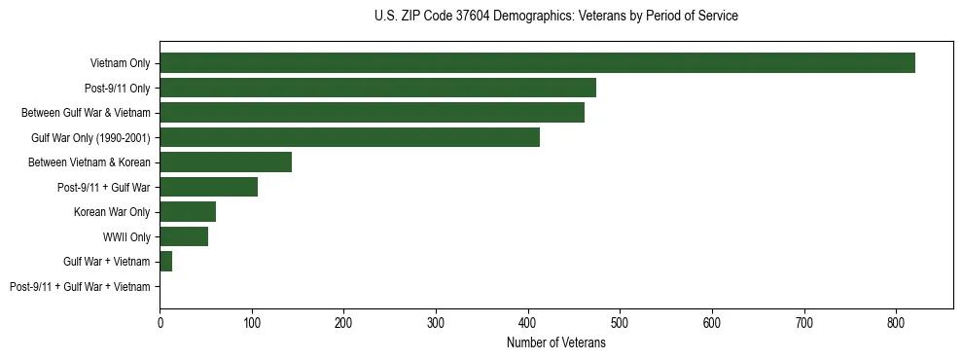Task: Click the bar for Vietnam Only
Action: pos(537,63)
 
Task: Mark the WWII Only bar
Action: pos(184,236)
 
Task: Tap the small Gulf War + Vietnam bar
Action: pos(165,262)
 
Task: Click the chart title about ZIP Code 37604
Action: pos(555,17)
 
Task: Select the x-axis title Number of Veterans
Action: pos(555,343)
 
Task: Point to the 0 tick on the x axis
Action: pos(160,321)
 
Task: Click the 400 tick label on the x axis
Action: pos(528,321)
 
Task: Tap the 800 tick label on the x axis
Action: pos(896,321)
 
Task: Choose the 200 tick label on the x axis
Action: pos(343,321)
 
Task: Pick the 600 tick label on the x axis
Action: pos(712,321)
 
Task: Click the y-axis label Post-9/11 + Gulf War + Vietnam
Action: pos(80,287)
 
